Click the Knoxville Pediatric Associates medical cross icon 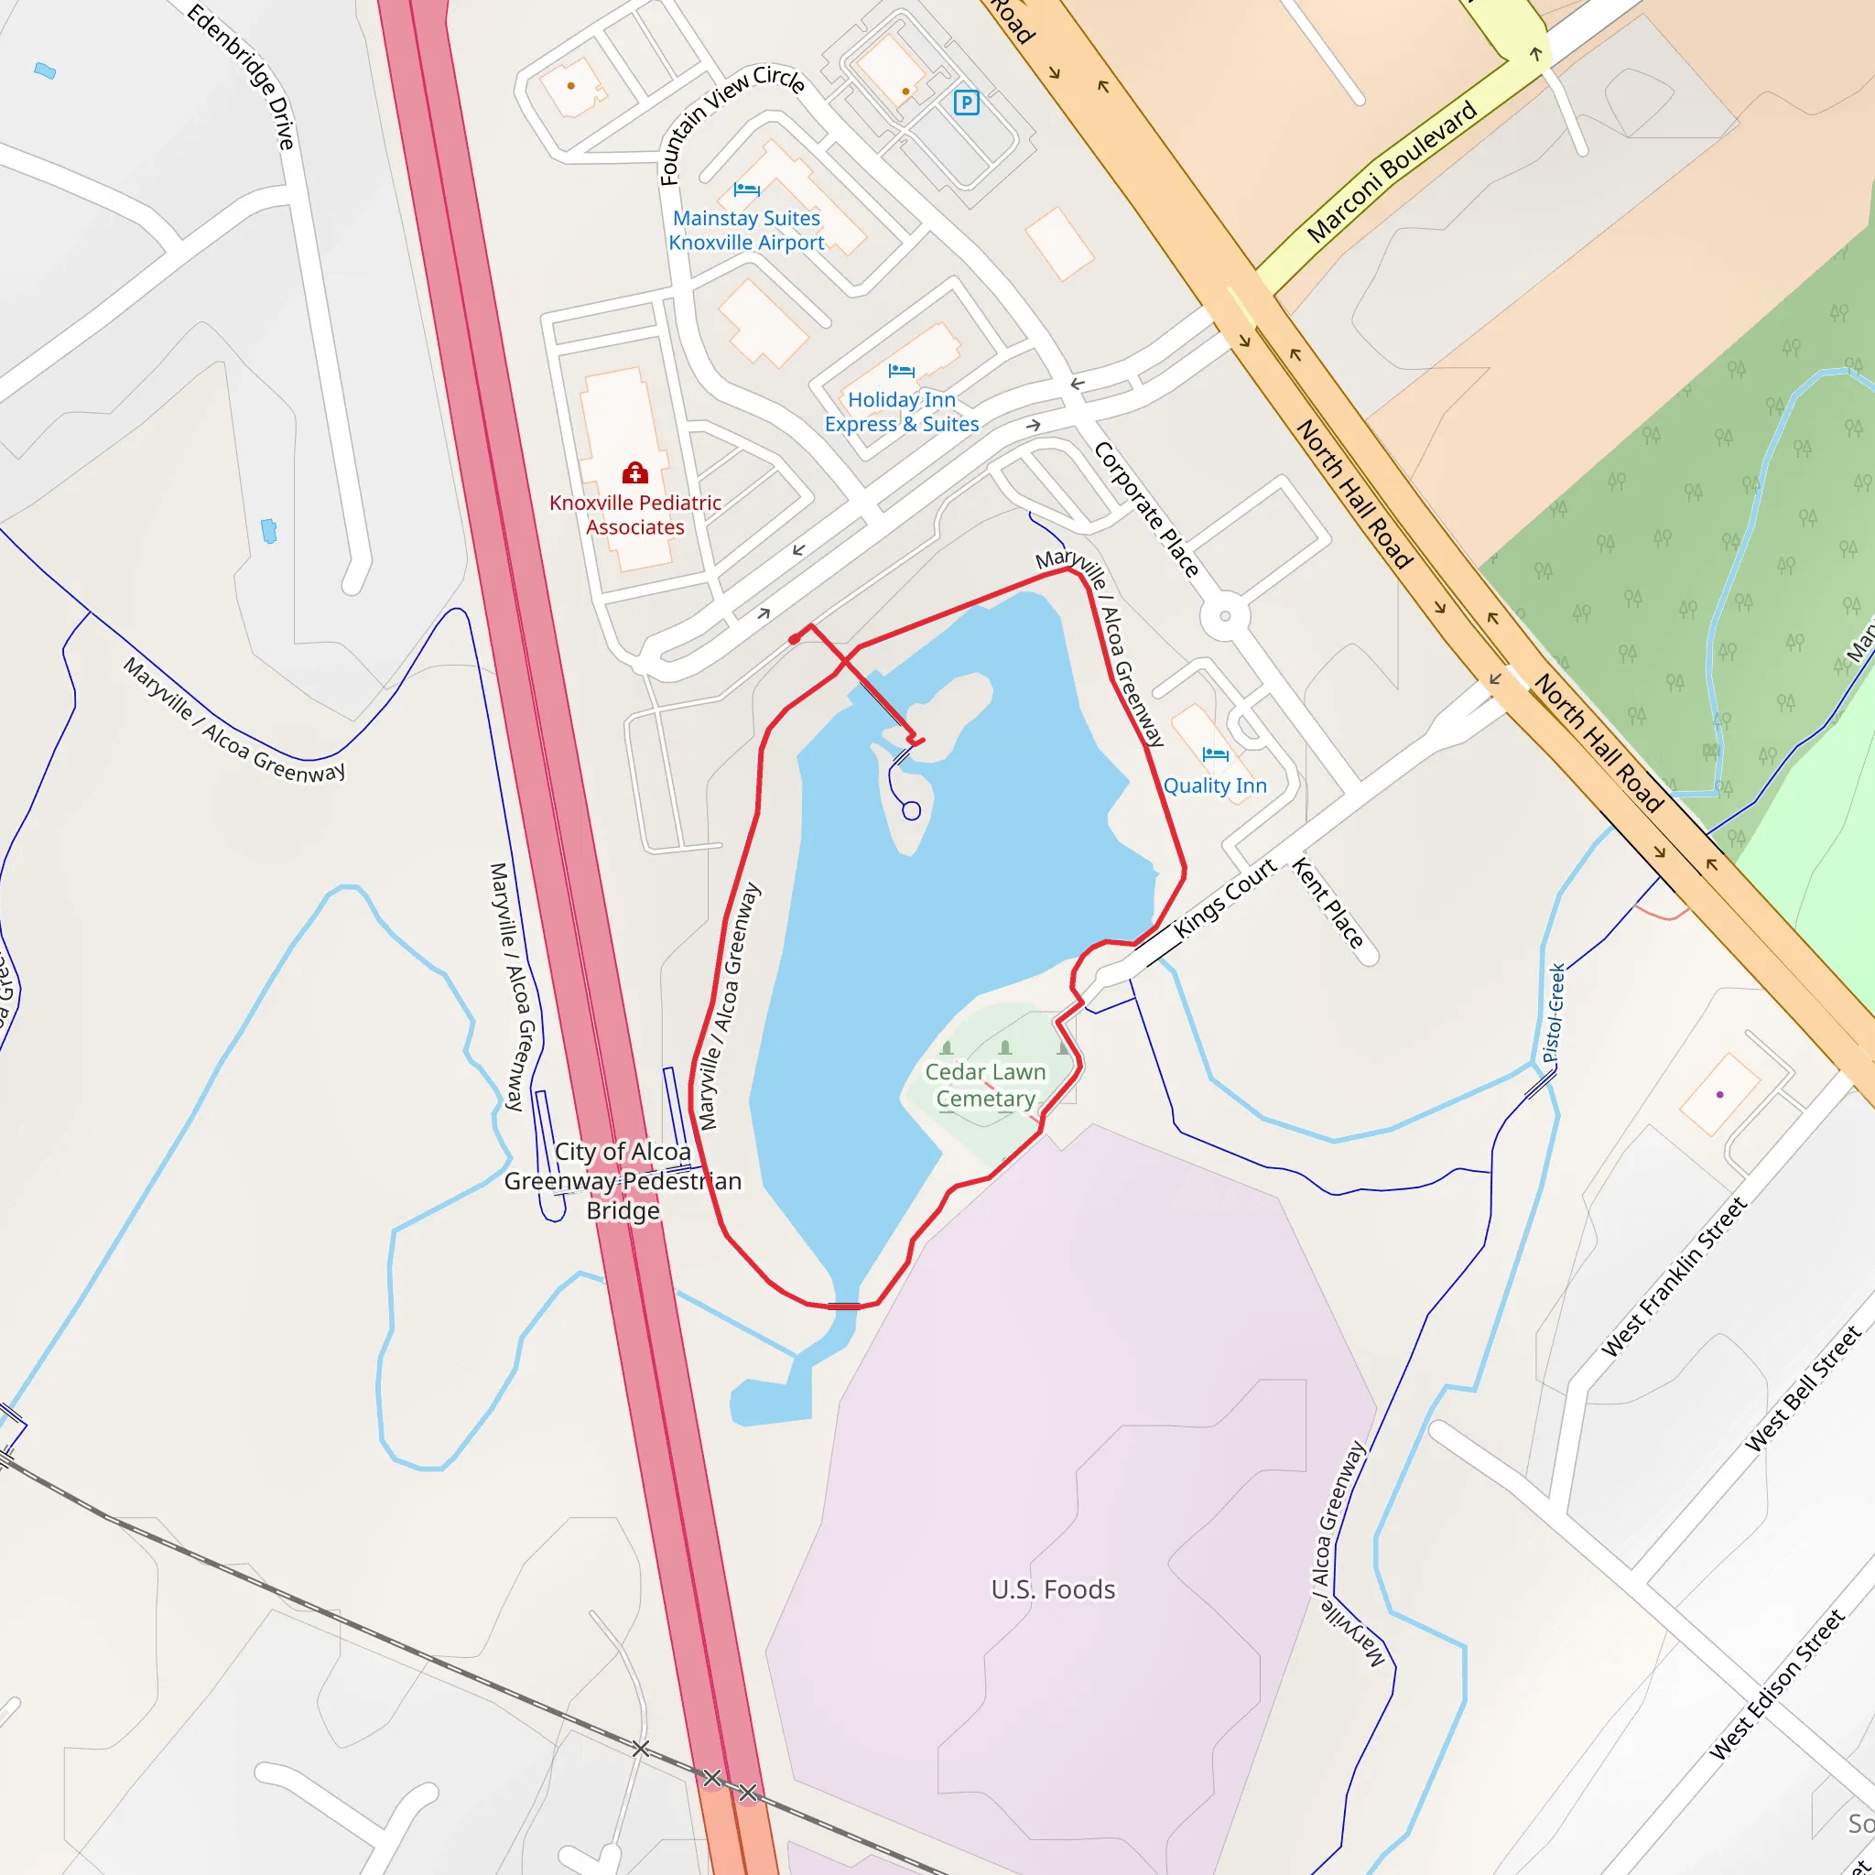(634, 472)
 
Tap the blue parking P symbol (966, 102)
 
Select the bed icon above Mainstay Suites (746, 190)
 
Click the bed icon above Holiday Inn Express (901, 371)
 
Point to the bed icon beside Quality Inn (1215, 754)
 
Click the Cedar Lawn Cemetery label (985, 1085)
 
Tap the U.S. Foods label (1053, 1588)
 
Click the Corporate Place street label (1146, 510)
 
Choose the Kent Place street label (1328, 903)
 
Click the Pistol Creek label (1554, 1013)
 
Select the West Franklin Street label (1674, 1276)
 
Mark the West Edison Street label (1776, 1684)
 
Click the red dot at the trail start (795, 639)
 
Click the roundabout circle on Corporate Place (1225, 615)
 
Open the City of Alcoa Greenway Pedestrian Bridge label (623, 1180)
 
